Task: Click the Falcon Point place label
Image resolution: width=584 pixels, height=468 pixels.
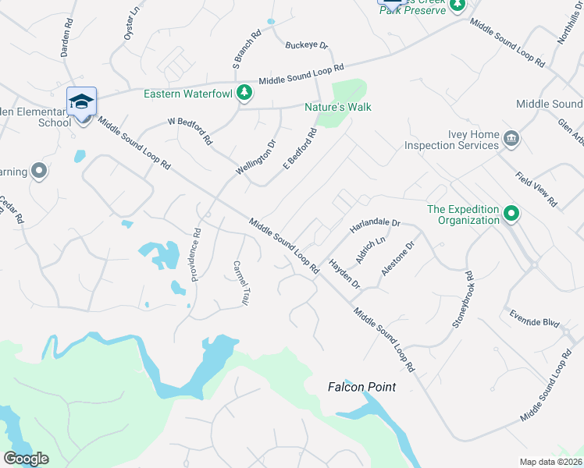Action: click(361, 387)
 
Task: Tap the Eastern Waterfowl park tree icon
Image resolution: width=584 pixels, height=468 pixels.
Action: click(244, 93)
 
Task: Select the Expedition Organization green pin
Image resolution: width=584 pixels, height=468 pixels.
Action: click(511, 213)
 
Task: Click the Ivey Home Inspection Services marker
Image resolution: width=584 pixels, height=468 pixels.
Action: click(512, 140)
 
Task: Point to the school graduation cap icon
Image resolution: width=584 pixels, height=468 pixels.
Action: click(82, 102)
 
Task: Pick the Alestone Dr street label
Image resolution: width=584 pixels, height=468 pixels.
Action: click(397, 257)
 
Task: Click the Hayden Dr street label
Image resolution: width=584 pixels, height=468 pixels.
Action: click(344, 275)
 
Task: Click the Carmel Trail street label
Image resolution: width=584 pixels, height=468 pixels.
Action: click(239, 282)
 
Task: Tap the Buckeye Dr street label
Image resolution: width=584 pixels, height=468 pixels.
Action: click(307, 45)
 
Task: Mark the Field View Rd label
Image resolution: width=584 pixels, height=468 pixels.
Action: click(536, 190)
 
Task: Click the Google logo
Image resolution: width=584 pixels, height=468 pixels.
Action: click(26, 459)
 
